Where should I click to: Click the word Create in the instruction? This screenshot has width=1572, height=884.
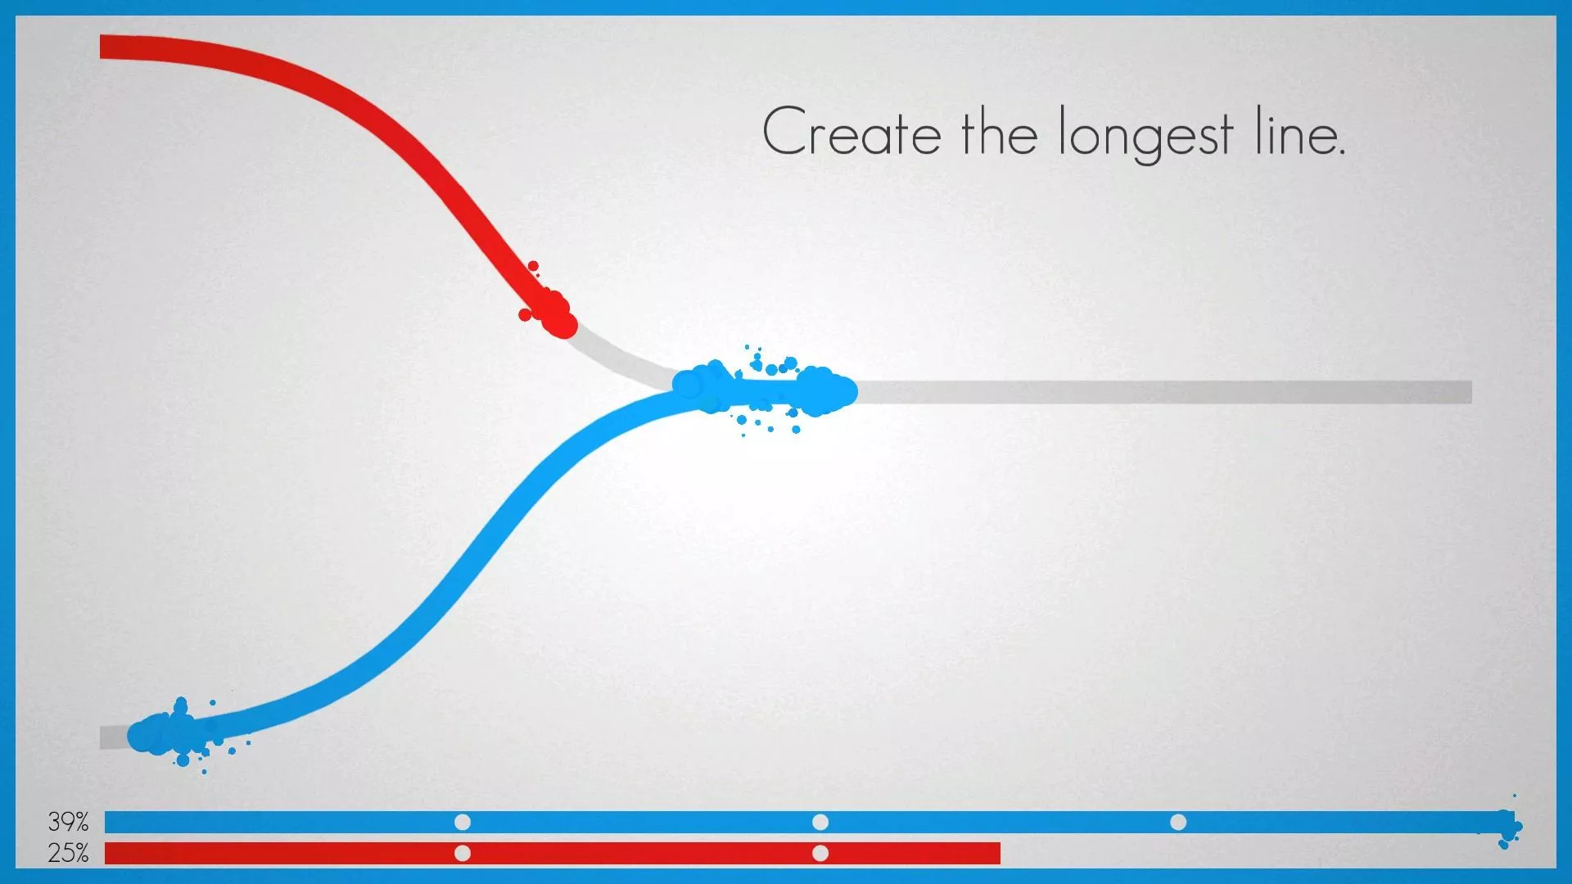point(851,131)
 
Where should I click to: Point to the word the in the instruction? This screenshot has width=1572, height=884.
point(999,131)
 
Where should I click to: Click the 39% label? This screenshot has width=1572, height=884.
point(68,821)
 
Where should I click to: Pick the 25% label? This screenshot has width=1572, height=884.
point(68,853)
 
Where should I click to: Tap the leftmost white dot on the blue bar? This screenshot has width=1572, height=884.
point(463,822)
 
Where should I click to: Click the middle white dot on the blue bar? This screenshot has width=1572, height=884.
point(820,822)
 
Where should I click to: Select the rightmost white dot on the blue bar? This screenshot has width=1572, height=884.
point(1178,822)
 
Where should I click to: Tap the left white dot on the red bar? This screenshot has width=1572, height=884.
point(463,853)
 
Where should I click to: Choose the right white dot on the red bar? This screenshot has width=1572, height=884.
point(820,853)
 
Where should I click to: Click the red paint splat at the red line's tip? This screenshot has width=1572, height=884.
point(550,313)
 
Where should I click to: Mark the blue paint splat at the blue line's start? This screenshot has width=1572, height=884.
point(176,733)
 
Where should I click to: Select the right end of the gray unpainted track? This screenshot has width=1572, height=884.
point(1470,392)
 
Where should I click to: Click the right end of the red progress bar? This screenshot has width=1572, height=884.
point(999,853)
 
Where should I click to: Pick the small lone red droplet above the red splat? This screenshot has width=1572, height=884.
point(533,266)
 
